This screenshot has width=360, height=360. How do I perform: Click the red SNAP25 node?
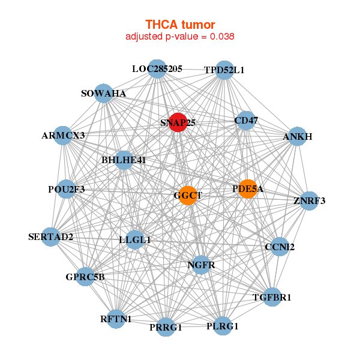(x=178, y=122)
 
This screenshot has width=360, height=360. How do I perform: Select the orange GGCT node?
(x=188, y=195)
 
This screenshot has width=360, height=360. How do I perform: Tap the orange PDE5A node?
(x=247, y=189)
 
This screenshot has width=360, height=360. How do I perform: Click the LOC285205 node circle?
(x=157, y=69)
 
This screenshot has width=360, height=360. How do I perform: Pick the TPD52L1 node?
(x=224, y=70)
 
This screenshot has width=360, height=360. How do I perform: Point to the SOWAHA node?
(x=104, y=94)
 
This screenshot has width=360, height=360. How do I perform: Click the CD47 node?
(x=245, y=121)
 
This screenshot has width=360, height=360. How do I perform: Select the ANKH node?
(x=298, y=137)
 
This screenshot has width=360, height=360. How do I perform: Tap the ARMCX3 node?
(x=63, y=136)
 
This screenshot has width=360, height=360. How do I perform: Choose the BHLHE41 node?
(x=124, y=160)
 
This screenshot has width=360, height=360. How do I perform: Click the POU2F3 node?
(x=66, y=189)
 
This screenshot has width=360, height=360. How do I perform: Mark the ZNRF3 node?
(x=309, y=200)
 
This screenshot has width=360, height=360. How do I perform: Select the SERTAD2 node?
(x=52, y=236)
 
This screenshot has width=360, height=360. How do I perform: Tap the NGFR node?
(x=201, y=265)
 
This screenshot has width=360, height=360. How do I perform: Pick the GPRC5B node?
(x=86, y=277)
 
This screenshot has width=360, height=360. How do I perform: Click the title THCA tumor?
(x=180, y=24)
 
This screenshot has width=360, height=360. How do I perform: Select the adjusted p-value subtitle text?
(x=179, y=37)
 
